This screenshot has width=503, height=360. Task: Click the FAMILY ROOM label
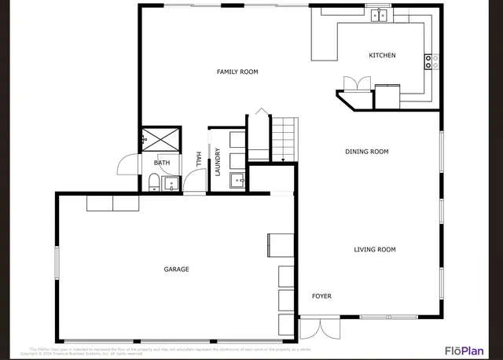(x=237, y=72)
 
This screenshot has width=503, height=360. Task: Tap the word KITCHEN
(x=383, y=56)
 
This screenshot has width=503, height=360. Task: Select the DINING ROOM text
(x=367, y=152)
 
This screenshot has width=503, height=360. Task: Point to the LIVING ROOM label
(x=375, y=250)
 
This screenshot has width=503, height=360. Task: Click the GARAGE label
(x=176, y=270)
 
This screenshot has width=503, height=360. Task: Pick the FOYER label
(x=321, y=296)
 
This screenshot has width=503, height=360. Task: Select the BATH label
(x=162, y=163)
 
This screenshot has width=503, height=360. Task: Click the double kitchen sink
(x=380, y=14)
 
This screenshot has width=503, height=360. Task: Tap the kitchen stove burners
(x=431, y=61)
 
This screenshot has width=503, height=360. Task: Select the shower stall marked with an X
(x=161, y=140)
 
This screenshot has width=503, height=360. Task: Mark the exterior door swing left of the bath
(x=128, y=163)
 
